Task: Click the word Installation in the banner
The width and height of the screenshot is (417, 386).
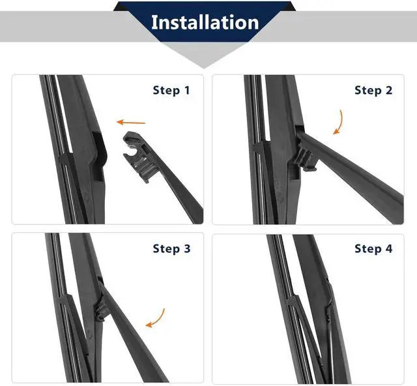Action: pyautogui.click(x=205, y=22)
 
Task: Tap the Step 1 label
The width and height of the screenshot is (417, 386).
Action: pyautogui.click(x=171, y=90)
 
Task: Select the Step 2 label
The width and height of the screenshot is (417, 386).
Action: pyautogui.click(x=373, y=90)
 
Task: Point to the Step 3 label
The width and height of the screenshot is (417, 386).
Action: pyautogui.click(x=171, y=248)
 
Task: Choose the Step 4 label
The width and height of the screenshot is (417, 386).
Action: pyautogui.click(x=373, y=248)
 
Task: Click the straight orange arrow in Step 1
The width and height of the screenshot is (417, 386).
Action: pyautogui.click(x=131, y=123)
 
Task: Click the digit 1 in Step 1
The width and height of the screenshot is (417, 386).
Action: pyautogui.click(x=187, y=90)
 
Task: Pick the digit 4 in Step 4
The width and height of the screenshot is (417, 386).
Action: pyautogui.click(x=389, y=248)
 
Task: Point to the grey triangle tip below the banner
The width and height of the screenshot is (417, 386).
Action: pyautogui.click(x=204, y=68)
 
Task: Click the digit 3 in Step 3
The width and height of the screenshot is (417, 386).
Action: pyautogui.click(x=187, y=248)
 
